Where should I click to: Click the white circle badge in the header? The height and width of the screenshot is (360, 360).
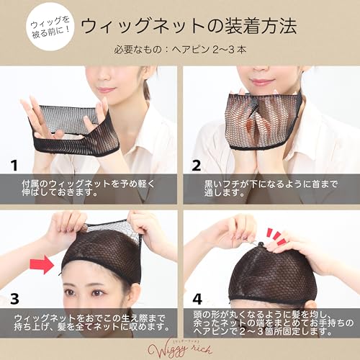click(50, 27)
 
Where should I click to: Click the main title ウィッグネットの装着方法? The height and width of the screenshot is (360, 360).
click(189, 26)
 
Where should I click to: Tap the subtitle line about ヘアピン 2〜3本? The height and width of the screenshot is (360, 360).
click(180, 50)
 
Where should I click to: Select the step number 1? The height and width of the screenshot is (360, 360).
click(14, 166)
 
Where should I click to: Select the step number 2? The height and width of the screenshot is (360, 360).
click(197, 166)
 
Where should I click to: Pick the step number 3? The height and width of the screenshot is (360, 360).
click(14, 299)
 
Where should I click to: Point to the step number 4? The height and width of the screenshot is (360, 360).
click(197, 299)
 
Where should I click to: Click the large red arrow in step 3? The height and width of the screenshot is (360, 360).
click(42, 264)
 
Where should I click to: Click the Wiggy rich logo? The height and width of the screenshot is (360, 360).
click(180, 349)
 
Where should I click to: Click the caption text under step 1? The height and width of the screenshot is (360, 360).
click(89, 188)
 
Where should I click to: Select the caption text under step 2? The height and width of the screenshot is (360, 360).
click(271, 188)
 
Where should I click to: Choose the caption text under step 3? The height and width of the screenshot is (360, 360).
click(91, 323)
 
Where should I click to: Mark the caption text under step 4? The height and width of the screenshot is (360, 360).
click(274, 323)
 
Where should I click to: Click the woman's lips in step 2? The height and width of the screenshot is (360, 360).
click(261, 82)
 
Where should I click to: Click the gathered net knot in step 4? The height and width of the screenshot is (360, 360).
click(261, 246)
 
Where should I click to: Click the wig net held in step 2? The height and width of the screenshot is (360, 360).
click(264, 121)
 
